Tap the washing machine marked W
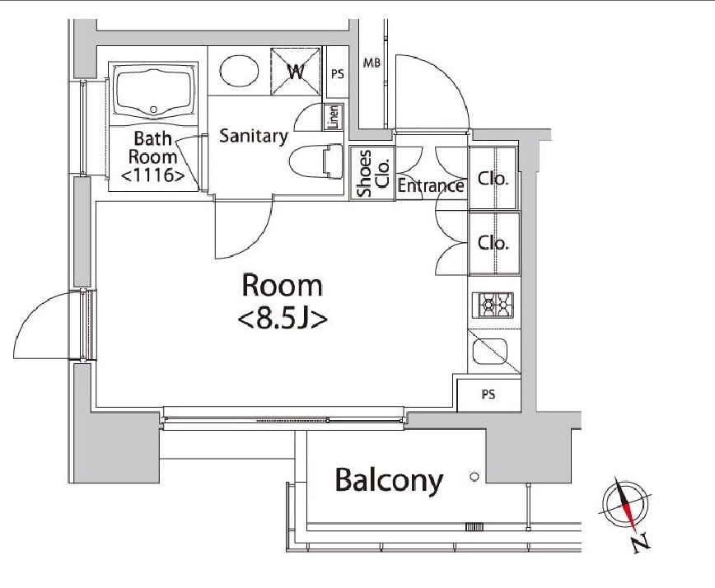(296, 71)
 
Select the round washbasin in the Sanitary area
(239, 71)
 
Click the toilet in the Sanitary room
(316, 162)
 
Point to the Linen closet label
(334, 117)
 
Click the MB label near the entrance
(372, 63)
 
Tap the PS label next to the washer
(338, 74)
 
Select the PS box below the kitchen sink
(488, 394)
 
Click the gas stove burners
(493, 305)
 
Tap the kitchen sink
(490, 351)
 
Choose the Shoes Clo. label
(372, 173)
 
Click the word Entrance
(431, 185)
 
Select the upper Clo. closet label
(493, 178)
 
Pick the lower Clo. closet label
(493, 242)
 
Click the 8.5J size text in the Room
(283, 320)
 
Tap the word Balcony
(389, 480)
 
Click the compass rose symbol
(627, 503)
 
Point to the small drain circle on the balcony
(474, 477)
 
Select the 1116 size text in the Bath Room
(153, 175)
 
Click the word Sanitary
(254, 136)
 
